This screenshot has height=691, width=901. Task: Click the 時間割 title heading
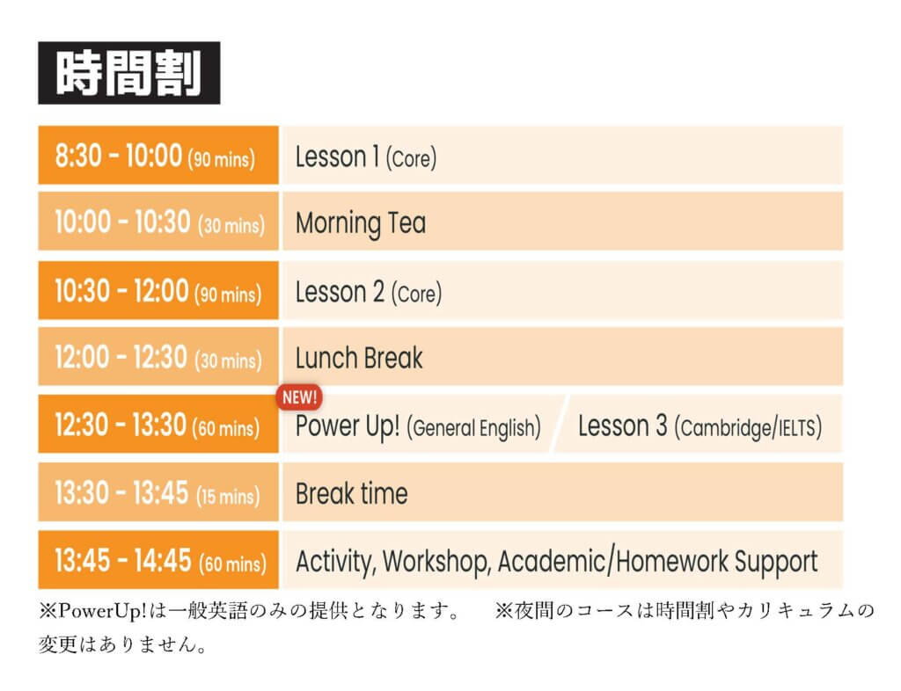pos(128,73)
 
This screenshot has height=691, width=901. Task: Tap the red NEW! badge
pos(299,397)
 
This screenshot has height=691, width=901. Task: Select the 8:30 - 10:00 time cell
pos(158,155)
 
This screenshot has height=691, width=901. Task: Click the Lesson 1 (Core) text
pos(365,156)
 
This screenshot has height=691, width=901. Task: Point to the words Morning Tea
pos(361,223)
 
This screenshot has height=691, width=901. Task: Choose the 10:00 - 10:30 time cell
pos(158,222)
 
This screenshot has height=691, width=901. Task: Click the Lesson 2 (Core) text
pos(369,292)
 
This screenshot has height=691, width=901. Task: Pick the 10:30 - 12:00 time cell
pos(158,290)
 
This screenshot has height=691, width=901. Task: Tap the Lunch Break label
pos(359,358)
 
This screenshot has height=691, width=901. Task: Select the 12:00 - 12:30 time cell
pos(158,356)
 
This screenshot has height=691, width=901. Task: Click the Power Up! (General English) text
pos(418,427)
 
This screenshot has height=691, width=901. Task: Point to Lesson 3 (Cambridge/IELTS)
pos(700,427)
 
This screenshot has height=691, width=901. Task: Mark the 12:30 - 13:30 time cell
pos(158,424)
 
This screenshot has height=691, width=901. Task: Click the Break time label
pos(352,493)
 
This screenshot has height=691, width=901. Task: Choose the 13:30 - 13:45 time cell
pos(158,492)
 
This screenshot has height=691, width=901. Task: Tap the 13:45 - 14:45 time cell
pos(158,560)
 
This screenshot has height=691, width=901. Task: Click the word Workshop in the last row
pos(436,562)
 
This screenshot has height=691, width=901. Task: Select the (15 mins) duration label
pos(228,496)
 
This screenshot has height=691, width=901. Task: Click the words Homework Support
pos(717,562)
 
